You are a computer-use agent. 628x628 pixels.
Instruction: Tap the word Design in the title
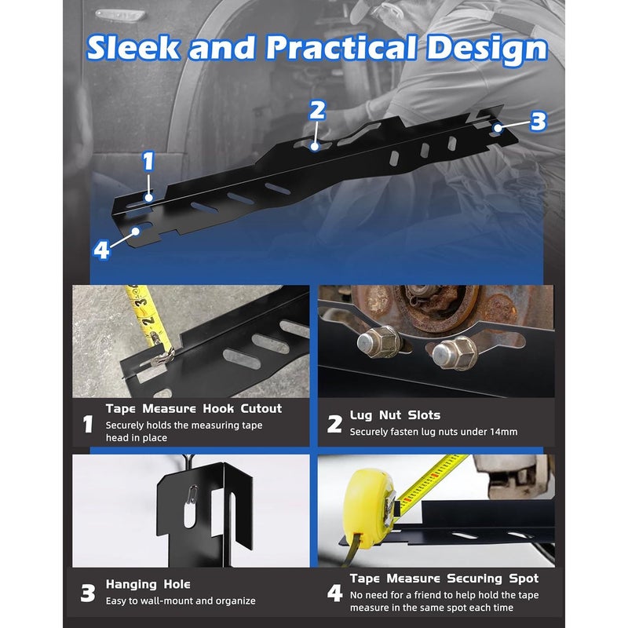[487, 49]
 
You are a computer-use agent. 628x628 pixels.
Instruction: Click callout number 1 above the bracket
[148, 162]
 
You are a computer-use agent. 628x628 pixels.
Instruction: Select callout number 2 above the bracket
[317, 110]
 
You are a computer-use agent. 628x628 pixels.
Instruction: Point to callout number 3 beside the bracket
[538, 121]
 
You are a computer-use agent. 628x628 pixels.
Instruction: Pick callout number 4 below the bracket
[101, 250]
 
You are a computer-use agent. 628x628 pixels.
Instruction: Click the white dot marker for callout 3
[498, 128]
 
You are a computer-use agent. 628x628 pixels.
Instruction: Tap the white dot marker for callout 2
[315, 147]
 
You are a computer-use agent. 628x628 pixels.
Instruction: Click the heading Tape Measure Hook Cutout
[194, 408]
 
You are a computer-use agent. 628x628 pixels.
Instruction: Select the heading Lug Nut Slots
[395, 415]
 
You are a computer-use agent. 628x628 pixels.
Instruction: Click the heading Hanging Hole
[148, 584]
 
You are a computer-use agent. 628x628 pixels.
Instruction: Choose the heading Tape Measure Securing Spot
[444, 579]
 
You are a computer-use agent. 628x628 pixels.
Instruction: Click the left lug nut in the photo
[378, 341]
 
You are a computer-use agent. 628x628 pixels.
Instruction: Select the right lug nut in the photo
[455, 352]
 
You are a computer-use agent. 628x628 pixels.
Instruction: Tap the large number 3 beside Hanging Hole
[88, 593]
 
